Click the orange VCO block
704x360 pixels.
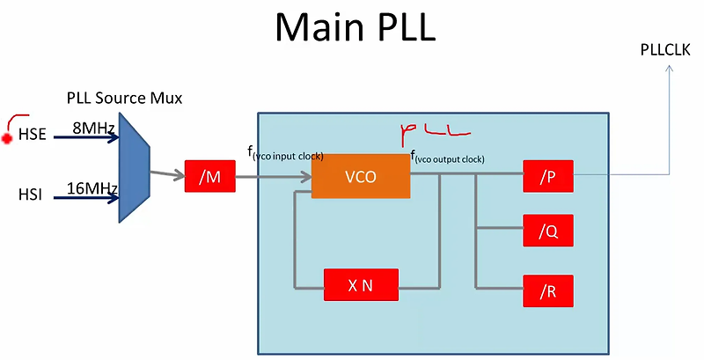coord(361,177)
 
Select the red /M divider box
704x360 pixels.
coord(209,177)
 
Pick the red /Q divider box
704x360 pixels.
coord(547,232)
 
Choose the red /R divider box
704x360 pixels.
coord(547,290)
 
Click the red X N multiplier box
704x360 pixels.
coord(361,285)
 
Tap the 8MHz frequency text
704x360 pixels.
coord(93,129)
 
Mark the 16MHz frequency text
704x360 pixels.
coord(93,187)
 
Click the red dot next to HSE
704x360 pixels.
coord(7,138)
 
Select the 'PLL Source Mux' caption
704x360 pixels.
coord(124,98)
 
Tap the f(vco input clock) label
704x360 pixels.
coord(285,155)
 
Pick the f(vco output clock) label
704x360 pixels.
coord(450,158)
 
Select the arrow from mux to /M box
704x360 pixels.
coord(166,174)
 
